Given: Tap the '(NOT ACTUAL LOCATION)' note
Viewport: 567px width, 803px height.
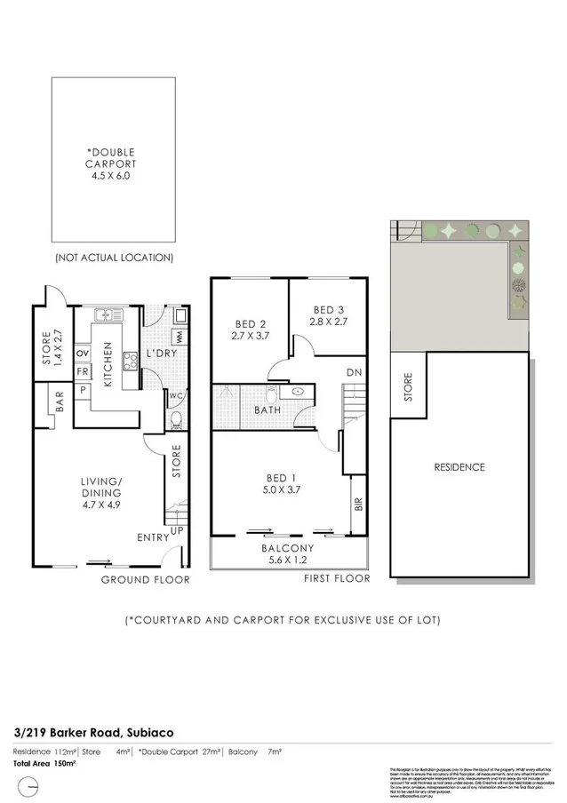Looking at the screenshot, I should click(113, 258).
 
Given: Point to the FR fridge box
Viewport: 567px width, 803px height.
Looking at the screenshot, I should click(82, 371).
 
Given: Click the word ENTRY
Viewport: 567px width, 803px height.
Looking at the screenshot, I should click(152, 537).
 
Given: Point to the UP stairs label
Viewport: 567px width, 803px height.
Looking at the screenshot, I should click(177, 530).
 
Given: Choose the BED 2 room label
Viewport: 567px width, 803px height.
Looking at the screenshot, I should click(251, 324).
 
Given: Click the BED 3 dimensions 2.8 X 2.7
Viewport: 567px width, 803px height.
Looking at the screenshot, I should click(328, 322).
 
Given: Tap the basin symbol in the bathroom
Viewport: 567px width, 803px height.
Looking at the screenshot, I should click(296, 390).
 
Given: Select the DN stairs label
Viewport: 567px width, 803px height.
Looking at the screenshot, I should click(353, 372).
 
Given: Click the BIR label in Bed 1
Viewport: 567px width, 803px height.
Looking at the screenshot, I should click(358, 505).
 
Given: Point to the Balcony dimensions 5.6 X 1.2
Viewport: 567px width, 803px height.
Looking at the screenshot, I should click(289, 560).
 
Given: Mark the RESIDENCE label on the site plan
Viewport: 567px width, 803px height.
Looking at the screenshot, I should click(459, 467).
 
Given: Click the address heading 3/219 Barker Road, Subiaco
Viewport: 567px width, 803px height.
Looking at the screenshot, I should click(93, 733).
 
